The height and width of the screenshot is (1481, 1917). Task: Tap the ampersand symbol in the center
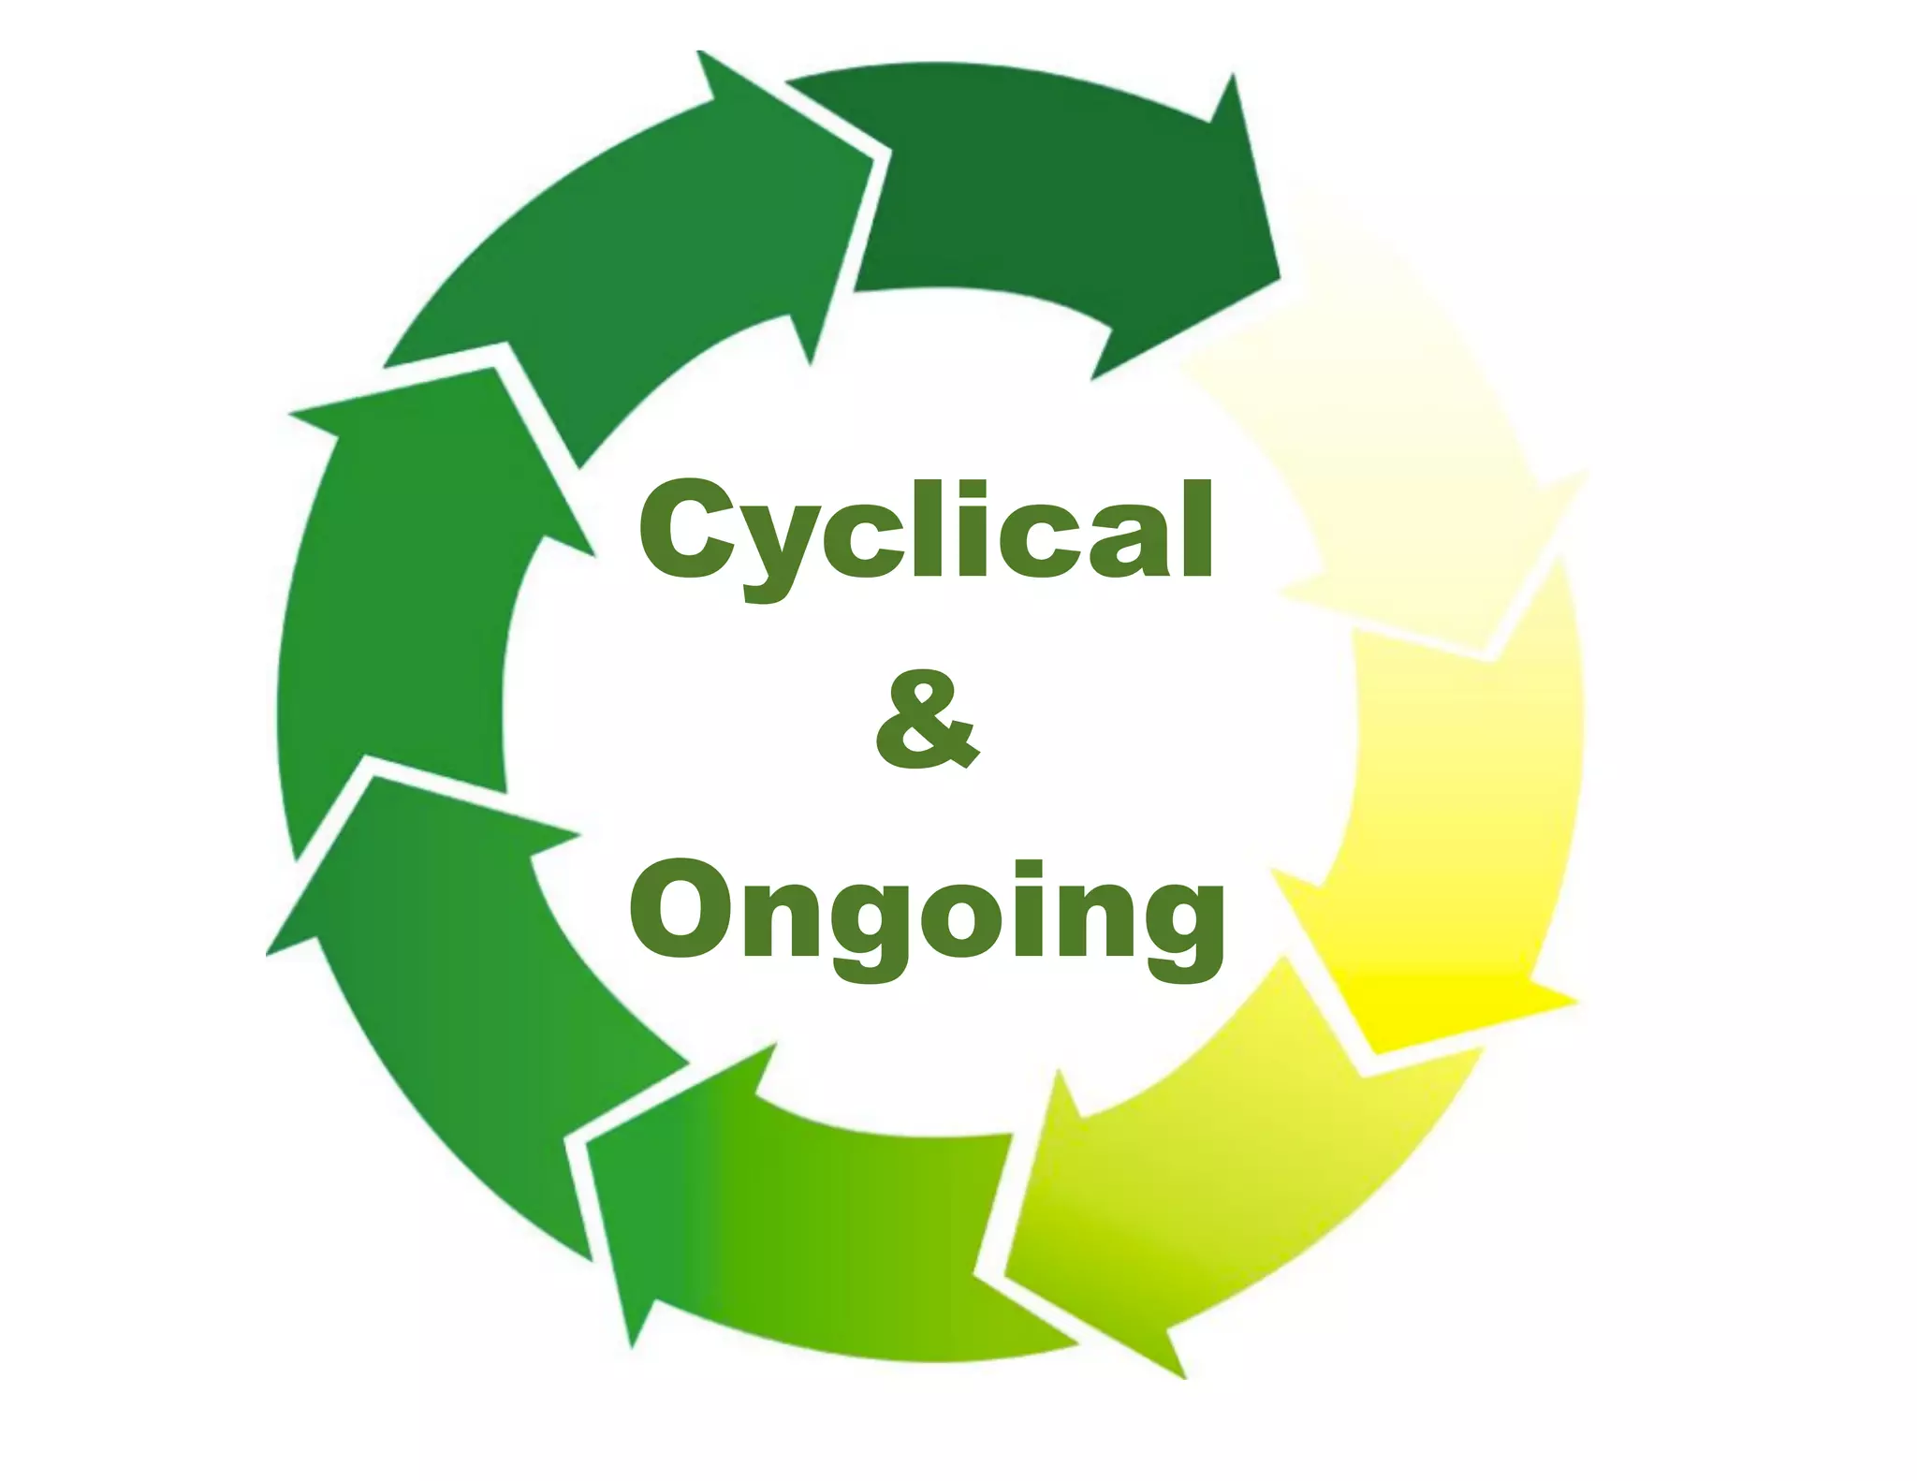point(927,719)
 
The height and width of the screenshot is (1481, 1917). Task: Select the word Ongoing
point(927,913)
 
